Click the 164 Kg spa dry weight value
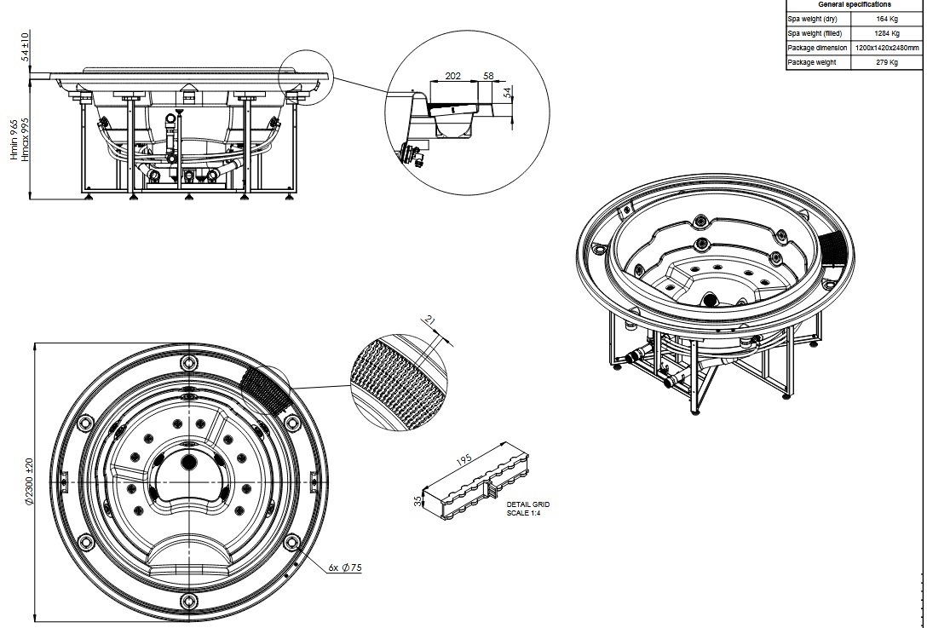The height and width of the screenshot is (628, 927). click(886, 19)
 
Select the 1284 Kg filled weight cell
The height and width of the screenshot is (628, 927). click(886, 34)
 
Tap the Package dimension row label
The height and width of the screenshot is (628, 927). click(817, 48)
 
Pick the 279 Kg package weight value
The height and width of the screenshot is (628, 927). click(886, 62)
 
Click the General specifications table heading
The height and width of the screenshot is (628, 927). click(855, 4)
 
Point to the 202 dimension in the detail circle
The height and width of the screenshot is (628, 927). click(453, 76)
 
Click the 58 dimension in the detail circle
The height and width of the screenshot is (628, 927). click(488, 76)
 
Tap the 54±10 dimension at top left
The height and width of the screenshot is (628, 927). click(25, 47)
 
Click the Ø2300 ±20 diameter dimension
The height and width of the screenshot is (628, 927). click(30, 481)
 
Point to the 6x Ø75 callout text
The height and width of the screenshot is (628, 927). click(345, 568)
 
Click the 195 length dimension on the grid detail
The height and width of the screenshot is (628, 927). click(464, 459)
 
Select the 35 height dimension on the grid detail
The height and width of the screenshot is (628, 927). click(418, 501)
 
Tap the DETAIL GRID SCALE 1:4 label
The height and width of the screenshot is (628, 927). click(528, 509)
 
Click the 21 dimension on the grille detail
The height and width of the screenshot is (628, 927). click(430, 320)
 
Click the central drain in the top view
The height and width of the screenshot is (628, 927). click(188, 462)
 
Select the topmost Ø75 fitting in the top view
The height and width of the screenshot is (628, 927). click(189, 362)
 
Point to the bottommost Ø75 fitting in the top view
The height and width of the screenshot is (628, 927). click(189, 602)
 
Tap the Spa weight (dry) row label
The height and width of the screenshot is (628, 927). click(812, 19)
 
